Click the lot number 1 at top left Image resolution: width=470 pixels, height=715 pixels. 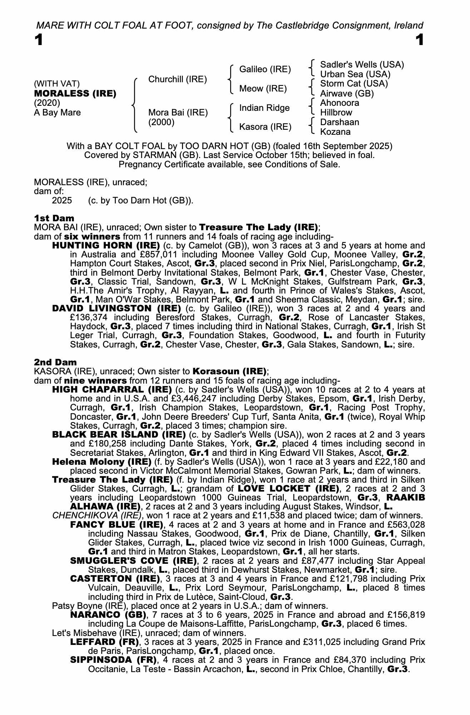pyautogui.click(x=39, y=40)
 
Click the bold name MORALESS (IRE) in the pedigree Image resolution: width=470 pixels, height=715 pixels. pyautogui.click(x=75, y=94)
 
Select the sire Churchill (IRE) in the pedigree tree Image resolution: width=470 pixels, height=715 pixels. pyautogui.click(x=177, y=79)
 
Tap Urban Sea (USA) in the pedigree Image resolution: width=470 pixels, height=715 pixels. pyautogui.click(x=355, y=74)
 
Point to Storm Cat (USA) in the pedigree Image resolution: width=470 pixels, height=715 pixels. pyautogui.click(x=354, y=84)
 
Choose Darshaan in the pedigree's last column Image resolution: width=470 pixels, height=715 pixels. pyautogui.click(x=340, y=122)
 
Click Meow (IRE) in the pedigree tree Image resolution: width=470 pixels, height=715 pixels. pyautogui.click(x=263, y=89)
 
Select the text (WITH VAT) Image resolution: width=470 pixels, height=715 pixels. pyautogui.click(x=57, y=84)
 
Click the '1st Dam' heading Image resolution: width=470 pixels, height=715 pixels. pyautogui.click(x=54, y=218)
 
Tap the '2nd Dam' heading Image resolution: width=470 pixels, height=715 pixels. pyautogui.click(x=55, y=362)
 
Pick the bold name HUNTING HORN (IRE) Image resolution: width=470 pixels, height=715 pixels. pyautogui.click(x=106, y=246)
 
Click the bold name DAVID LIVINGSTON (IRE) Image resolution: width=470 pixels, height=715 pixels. pyautogui.click(x=116, y=309)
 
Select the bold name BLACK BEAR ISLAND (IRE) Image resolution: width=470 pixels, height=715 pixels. pyautogui.click(x=119, y=435)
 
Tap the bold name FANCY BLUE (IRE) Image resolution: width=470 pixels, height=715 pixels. pyautogui.click(x=117, y=525)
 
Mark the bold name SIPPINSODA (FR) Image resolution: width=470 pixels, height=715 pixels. pyautogui.click(x=113, y=660)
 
